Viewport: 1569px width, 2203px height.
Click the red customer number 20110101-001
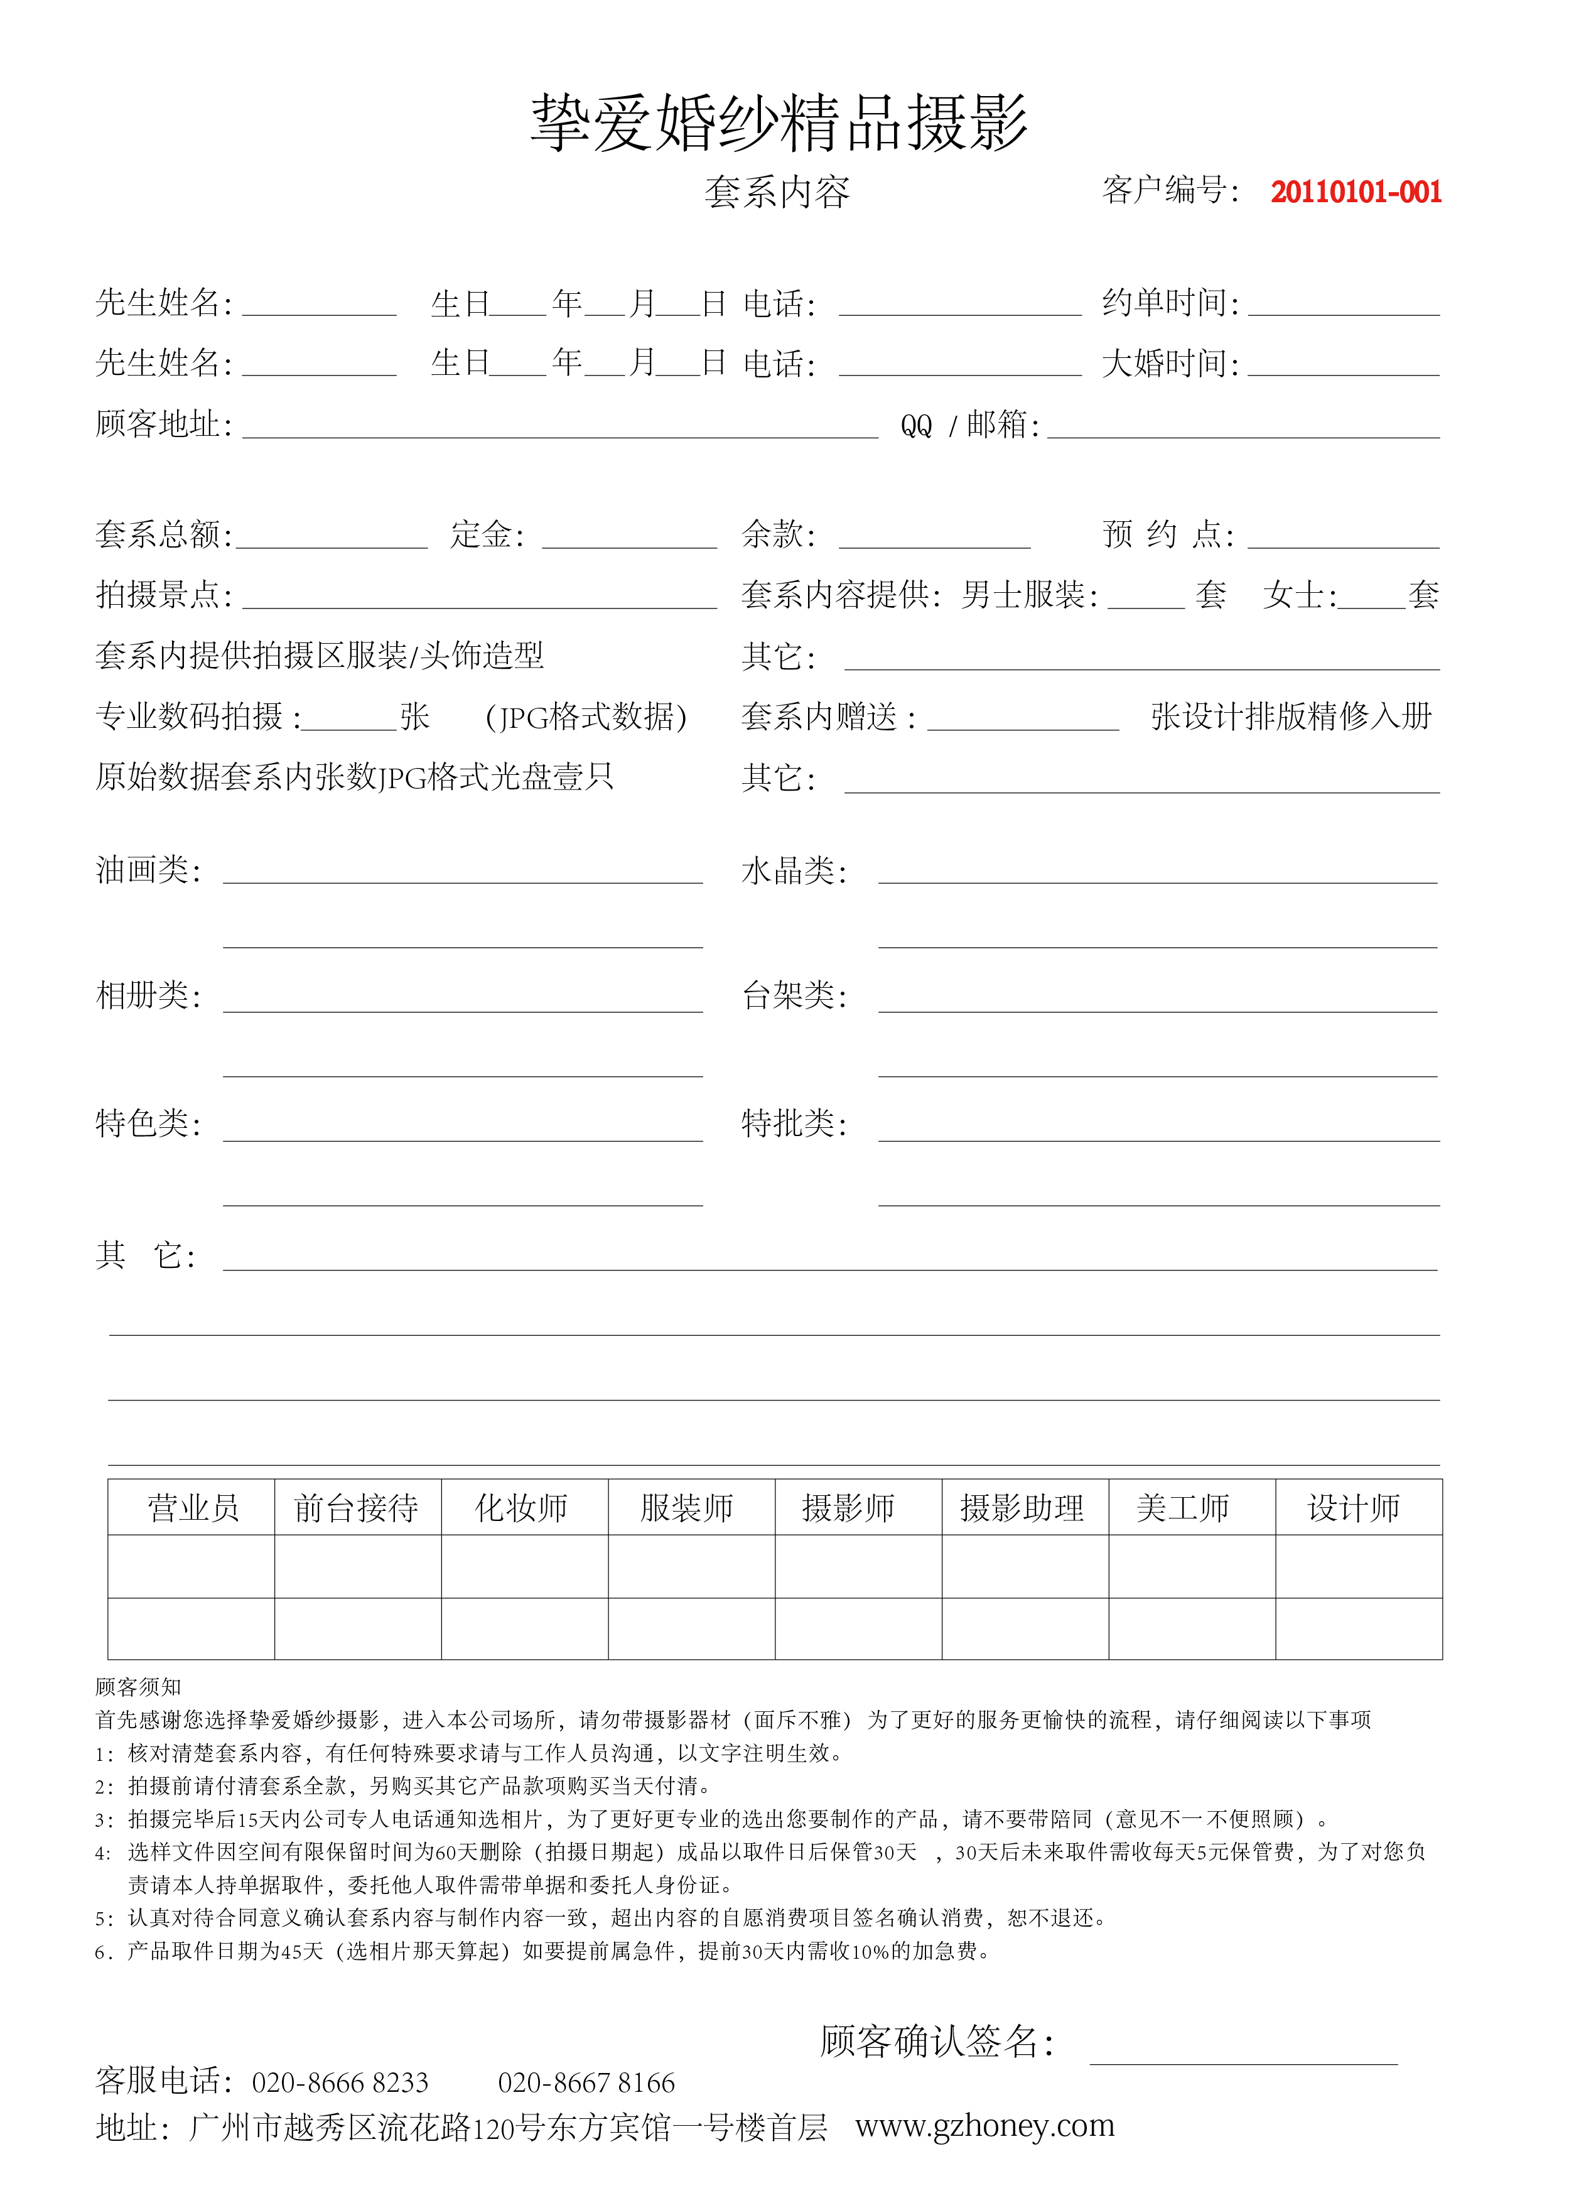pyautogui.click(x=1356, y=192)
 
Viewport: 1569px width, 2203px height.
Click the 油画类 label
pyautogui.click(x=148, y=870)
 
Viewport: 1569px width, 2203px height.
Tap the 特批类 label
pyautogui.click(x=793, y=1123)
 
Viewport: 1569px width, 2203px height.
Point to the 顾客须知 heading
pyautogui.click(x=138, y=1687)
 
